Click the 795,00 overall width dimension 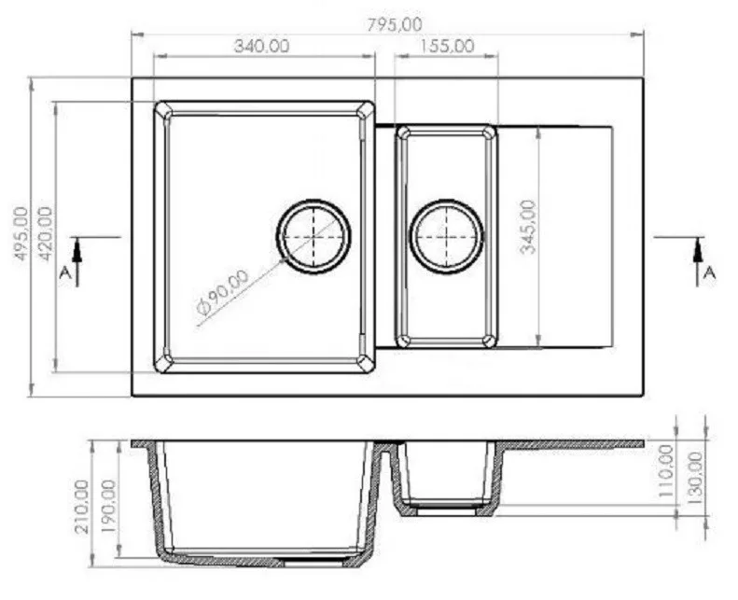[x=395, y=24]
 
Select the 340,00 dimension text [x=261, y=46]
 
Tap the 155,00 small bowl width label [x=447, y=46]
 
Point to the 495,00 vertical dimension [x=21, y=233]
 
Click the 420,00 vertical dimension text [x=45, y=233]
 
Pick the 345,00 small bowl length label [x=528, y=227]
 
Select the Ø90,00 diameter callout [x=223, y=292]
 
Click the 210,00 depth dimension [x=82, y=507]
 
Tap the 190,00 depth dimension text [x=109, y=507]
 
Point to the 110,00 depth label [x=666, y=470]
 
